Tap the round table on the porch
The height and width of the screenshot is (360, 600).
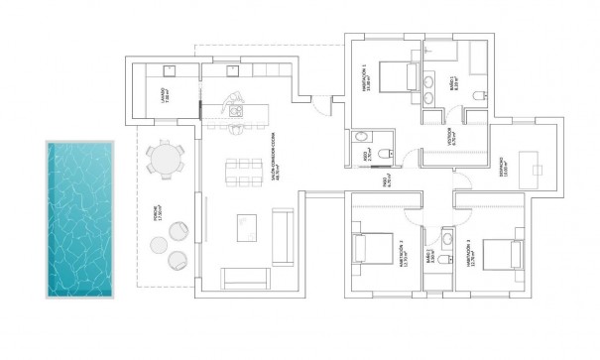pyautogui.click(x=166, y=160)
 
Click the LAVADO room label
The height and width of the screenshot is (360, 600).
pyautogui.click(x=167, y=96)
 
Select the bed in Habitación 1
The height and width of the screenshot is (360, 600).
pyautogui.click(x=395, y=75)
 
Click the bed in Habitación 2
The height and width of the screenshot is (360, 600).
pyautogui.click(x=372, y=248)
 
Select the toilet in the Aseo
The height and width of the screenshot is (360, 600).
pyautogui.click(x=362, y=139)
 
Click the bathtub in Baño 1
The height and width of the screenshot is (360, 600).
pyautogui.click(x=478, y=58)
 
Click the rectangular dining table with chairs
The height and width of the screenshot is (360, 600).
pyautogui.click(x=237, y=173)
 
